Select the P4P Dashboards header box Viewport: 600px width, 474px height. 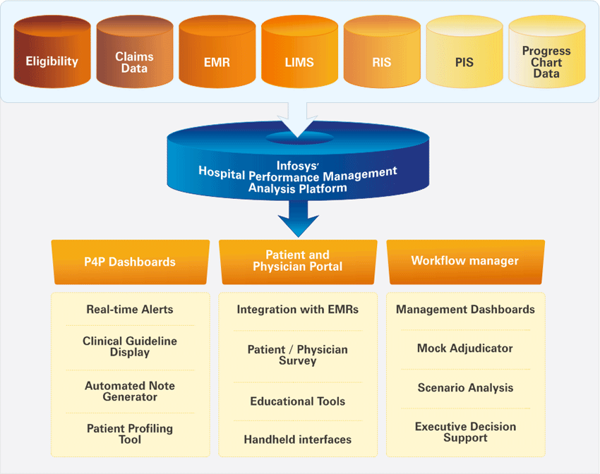[130, 261]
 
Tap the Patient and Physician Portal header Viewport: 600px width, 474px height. [297, 261]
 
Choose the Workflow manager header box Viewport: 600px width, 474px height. [465, 261]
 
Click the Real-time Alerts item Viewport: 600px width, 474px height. [130, 309]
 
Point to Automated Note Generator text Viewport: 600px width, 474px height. [130, 391]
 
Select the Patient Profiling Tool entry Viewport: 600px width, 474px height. [130, 434]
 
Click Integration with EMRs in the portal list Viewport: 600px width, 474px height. [297, 309]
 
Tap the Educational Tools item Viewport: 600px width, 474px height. [297, 401]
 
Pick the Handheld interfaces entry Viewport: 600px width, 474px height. [297, 439]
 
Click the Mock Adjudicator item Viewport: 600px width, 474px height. [465, 348]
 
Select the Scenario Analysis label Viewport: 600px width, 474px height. [465, 388]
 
